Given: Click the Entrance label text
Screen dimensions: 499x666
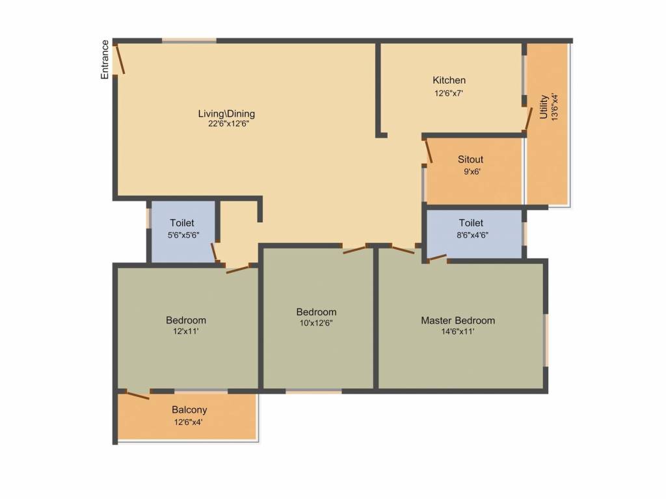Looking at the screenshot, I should [105, 59].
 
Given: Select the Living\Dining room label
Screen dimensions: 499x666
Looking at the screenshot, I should [226, 114].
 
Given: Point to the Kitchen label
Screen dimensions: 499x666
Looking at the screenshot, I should [449, 80].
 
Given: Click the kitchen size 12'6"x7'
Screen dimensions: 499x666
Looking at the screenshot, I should [449, 93].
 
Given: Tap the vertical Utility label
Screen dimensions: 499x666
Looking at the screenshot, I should [544, 107].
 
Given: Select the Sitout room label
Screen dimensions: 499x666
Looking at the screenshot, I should [470, 159].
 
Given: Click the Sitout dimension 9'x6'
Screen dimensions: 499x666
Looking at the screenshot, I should [472, 172].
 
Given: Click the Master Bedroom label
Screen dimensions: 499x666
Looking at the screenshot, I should [458, 320].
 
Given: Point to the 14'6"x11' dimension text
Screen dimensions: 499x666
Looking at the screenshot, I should [458, 331].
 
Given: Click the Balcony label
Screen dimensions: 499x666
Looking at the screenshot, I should [189, 410].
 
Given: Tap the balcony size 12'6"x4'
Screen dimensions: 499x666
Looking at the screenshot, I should [189, 422].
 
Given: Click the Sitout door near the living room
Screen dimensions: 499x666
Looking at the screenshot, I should [429, 151].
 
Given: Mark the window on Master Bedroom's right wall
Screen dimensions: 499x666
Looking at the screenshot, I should [546, 340].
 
